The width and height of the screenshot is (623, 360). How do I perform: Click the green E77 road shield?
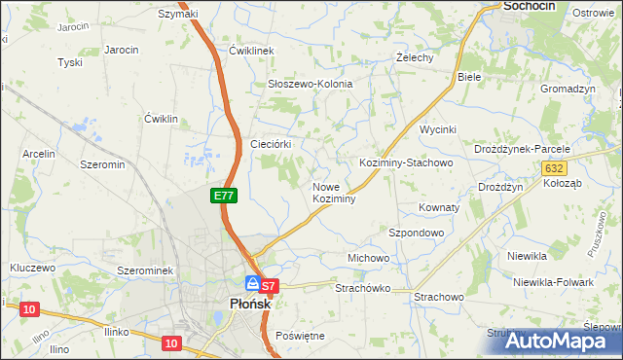click(224, 196)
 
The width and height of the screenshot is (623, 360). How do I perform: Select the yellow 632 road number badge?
click(553, 168)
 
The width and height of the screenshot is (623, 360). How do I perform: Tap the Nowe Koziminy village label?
click(333, 193)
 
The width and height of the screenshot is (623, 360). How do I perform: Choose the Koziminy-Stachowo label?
click(406, 162)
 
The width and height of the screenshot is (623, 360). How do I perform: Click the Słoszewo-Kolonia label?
click(310, 84)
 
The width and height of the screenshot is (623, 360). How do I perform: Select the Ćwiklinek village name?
click(253, 50)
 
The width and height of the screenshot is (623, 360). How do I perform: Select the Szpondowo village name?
click(417, 234)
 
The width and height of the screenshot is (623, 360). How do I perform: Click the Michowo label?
click(369, 258)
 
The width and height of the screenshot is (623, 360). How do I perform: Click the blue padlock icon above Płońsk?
click(252, 283)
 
